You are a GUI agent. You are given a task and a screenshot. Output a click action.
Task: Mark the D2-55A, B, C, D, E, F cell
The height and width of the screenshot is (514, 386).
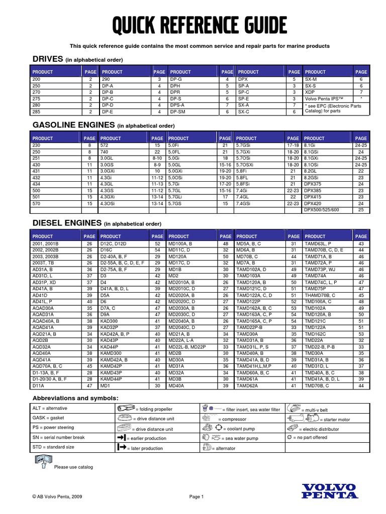pyautogui.click(x=122, y=262)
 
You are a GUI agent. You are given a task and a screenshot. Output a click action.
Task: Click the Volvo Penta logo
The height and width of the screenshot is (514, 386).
pyautogui.click(x=329, y=490)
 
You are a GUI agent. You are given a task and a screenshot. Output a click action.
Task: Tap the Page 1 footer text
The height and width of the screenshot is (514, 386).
pyautogui.click(x=196, y=497)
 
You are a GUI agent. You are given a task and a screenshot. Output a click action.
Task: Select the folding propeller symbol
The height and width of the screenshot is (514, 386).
pyautogui.click(x=124, y=408)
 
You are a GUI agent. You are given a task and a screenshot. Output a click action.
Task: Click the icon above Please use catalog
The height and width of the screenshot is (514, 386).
pyautogui.click(x=42, y=460)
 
